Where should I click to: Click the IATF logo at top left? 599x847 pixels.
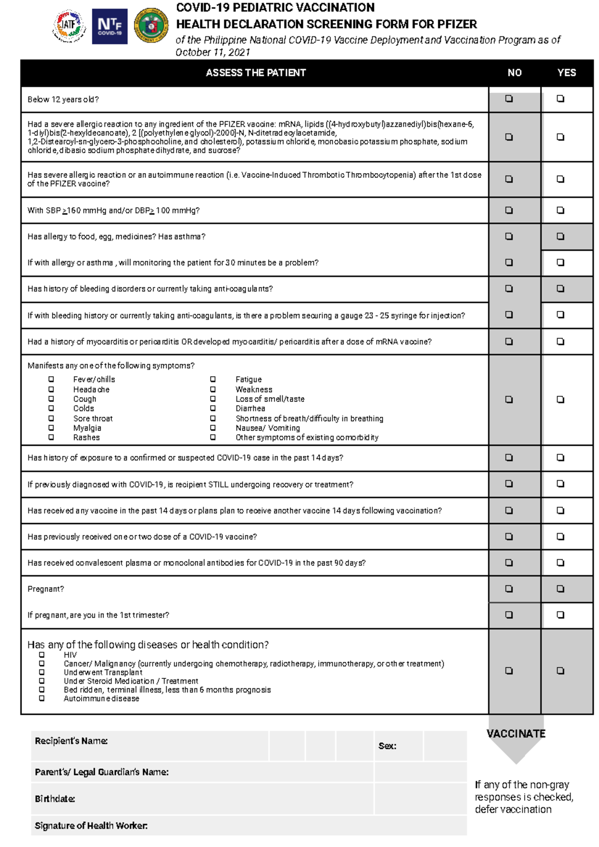(69, 25)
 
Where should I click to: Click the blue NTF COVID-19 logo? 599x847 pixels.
(110, 26)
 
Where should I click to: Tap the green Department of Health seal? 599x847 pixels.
(152, 25)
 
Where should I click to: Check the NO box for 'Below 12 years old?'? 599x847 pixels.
(509, 99)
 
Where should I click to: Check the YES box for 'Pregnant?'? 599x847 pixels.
(561, 589)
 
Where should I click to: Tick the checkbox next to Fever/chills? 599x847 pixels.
(51, 379)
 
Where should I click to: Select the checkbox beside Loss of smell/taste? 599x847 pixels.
(213, 399)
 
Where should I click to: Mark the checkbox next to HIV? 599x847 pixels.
(42, 655)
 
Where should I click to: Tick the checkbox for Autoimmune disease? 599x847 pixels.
(42, 699)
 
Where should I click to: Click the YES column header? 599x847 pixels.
(567, 73)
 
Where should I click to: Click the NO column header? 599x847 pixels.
(515, 73)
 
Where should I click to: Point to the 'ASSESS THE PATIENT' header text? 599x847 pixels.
(256, 73)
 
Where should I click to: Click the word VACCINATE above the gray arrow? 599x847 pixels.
(516, 734)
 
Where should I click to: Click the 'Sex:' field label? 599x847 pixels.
(387, 746)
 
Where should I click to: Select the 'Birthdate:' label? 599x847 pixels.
(55, 799)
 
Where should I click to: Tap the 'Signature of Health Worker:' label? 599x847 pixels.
(91, 826)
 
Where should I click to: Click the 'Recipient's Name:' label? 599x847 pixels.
(71, 741)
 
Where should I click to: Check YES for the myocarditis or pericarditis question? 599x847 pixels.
(561, 342)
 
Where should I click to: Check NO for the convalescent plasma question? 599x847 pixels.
(509, 563)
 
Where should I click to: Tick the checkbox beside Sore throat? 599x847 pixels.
(51, 418)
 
